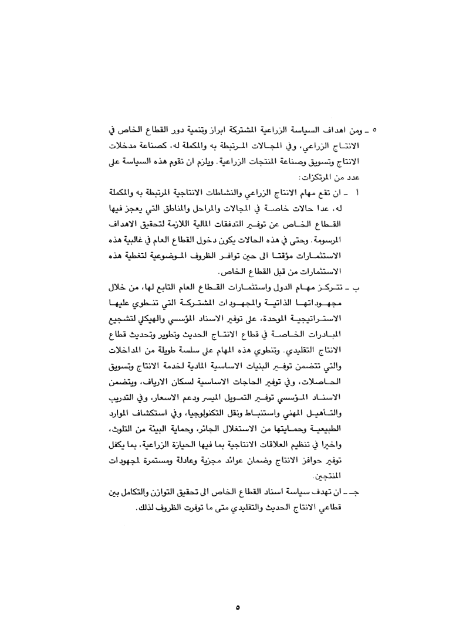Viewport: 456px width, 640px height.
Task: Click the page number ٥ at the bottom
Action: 237,593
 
